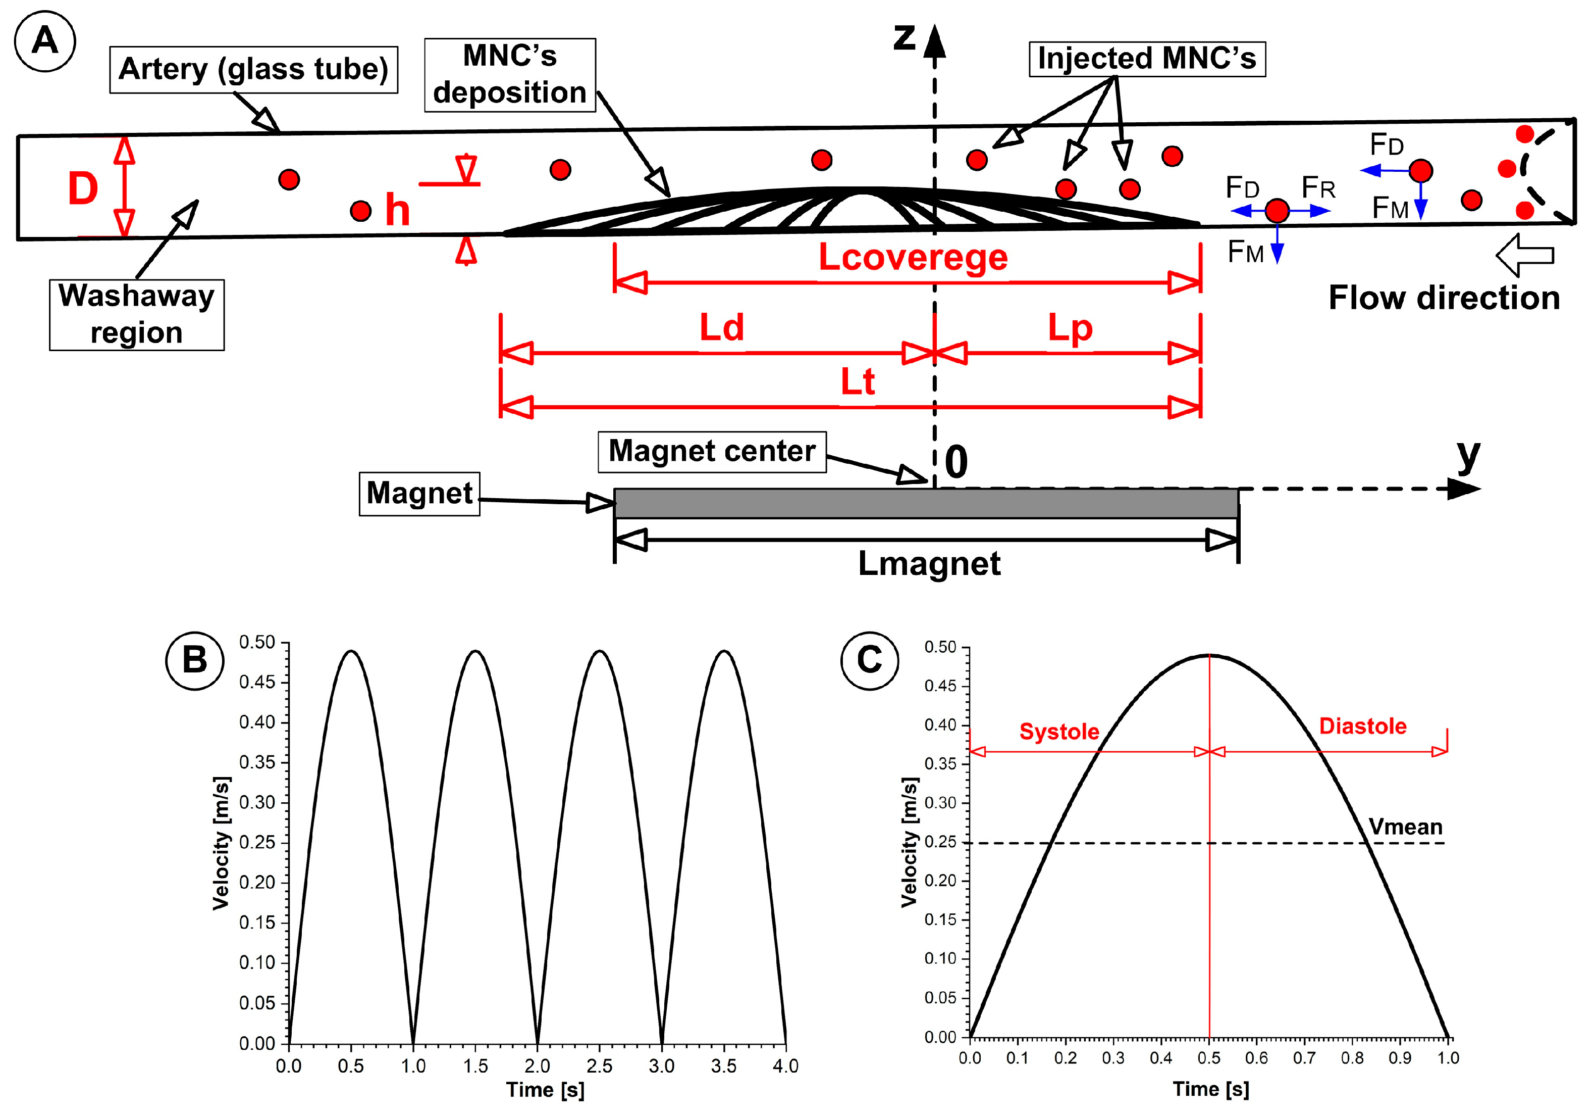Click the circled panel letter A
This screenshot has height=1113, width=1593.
pyautogui.click(x=45, y=41)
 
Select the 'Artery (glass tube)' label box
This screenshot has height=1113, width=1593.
pyautogui.click(x=253, y=69)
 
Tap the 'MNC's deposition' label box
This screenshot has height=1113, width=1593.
pyautogui.click(x=510, y=75)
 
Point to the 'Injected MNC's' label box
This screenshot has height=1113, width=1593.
pyautogui.click(x=1147, y=59)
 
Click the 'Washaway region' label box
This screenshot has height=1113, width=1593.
pyautogui.click(x=137, y=315)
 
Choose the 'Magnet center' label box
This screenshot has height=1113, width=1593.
pyautogui.click(x=712, y=451)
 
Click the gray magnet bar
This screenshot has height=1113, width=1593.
pyautogui.click(x=926, y=503)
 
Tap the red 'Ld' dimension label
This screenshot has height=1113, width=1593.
pyautogui.click(x=722, y=328)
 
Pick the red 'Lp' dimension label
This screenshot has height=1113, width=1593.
pyautogui.click(x=1070, y=328)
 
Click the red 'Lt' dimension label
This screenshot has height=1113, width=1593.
pyautogui.click(x=858, y=382)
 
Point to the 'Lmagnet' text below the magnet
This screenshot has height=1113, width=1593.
pyautogui.click(x=929, y=564)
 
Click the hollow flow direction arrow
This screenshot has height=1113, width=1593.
pyautogui.click(x=1525, y=255)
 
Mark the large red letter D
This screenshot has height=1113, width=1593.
pyautogui.click(x=83, y=189)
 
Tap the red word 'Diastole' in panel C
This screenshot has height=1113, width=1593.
pyautogui.click(x=1363, y=727)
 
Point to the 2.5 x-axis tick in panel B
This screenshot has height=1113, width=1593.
pyautogui.click(x=600, y=1066)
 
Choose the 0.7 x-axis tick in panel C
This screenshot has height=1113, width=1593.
pyautogui.click(x=1304, y=1058)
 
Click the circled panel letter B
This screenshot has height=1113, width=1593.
pyautogui.click(x=195, y=660)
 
